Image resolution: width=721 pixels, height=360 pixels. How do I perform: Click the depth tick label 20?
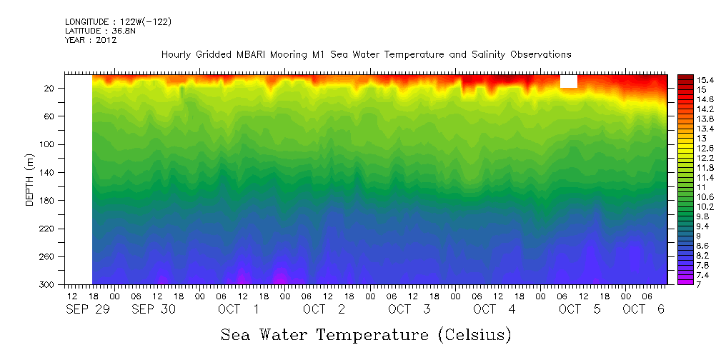click(49, 88)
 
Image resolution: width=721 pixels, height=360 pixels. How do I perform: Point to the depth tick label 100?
click(48, 144)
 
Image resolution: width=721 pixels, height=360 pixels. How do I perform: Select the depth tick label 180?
click(48, 201)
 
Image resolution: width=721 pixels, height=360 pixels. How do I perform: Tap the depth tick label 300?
click(48, 285)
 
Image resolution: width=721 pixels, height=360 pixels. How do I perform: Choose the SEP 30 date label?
click(153, 309)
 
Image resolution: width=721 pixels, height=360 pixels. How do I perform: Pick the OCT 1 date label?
click(239, 309)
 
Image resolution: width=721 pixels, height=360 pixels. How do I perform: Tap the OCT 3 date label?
click(409, 309)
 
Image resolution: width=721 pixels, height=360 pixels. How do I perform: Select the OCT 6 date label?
click(645, 309)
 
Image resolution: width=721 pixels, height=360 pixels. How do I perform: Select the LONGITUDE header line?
click(118, 21)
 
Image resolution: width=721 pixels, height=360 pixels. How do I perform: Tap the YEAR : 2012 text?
click(91, 40)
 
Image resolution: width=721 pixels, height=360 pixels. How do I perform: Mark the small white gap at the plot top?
click(569, 81)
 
